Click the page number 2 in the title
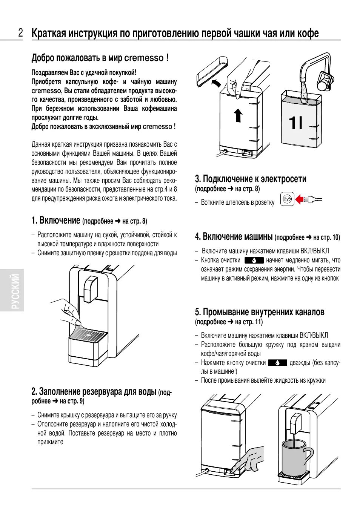coord(21,33)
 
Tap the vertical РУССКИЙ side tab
coord(15,290)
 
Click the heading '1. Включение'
coord(56,220)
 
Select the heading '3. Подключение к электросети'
coord(251,179)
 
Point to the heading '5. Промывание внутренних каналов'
coord(260,312)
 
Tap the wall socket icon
coord(288,199)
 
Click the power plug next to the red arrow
coord(314,199)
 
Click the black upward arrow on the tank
coord(238,115)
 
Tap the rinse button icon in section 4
coord(254,260)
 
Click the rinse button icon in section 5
coord(277,363)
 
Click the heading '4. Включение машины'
coord(234,236)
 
